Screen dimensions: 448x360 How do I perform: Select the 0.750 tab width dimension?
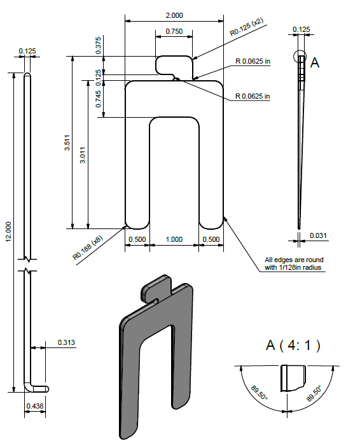(x=173, y=31)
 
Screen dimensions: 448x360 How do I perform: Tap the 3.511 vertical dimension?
(x=67, y=146)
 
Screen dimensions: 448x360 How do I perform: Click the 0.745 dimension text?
(x=99, y=99)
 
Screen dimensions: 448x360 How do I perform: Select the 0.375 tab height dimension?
(x=99, y=44)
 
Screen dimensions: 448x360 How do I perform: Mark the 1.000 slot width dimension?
(x=173, y=240)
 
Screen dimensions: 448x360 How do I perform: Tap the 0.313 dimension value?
(x=66, y=342)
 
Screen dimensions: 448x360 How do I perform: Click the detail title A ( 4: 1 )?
(x=293, y=346)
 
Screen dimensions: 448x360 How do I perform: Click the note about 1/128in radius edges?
(x=295, y=264)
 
